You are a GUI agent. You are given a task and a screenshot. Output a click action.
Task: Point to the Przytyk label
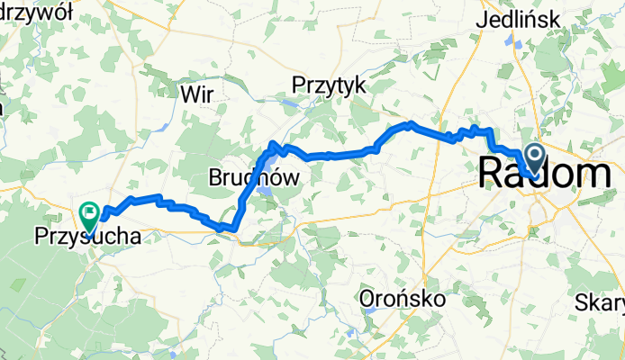click(x=329, y=85)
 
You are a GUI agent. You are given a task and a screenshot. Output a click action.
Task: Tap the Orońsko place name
click(x=397, y=297)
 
